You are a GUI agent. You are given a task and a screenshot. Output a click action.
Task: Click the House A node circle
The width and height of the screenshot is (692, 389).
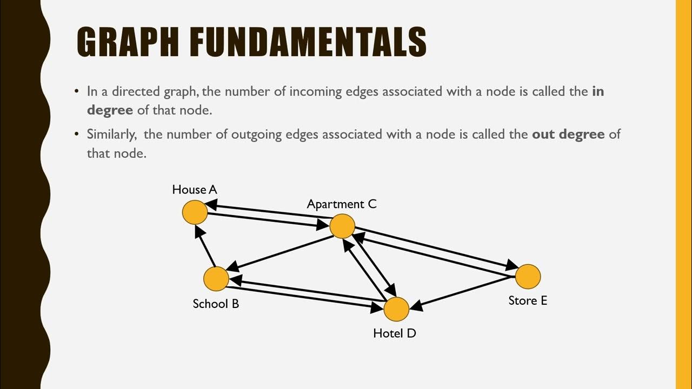(x=195, y=212)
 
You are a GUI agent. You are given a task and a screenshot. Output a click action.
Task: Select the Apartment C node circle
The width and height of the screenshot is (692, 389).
(x=342, y=226)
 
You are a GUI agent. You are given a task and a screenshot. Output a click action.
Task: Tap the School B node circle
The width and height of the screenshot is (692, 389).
(x=216, y=279)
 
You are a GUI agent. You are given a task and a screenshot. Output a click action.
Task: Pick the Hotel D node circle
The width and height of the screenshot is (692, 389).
(x=396, y=310)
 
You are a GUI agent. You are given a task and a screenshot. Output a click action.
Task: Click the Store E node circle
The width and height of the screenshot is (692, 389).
(x=528, y=277)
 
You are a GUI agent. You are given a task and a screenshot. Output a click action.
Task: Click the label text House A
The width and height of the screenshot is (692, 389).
(x=195, y=190)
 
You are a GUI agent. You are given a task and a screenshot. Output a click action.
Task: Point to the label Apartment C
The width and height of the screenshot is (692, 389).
(x=342, y=204)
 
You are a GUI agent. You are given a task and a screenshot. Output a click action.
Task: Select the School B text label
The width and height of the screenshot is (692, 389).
(x=216, y=304)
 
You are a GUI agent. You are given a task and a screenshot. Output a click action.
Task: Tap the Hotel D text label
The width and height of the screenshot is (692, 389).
(x=395, y=333)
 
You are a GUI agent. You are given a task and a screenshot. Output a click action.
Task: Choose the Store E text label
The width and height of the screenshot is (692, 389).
(x=528, y=300)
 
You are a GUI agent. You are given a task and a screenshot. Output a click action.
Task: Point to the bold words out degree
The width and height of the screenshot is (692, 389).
(x=568, y=134)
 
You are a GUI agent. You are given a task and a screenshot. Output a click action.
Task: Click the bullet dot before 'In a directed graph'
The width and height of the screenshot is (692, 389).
(x=77, y=91)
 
